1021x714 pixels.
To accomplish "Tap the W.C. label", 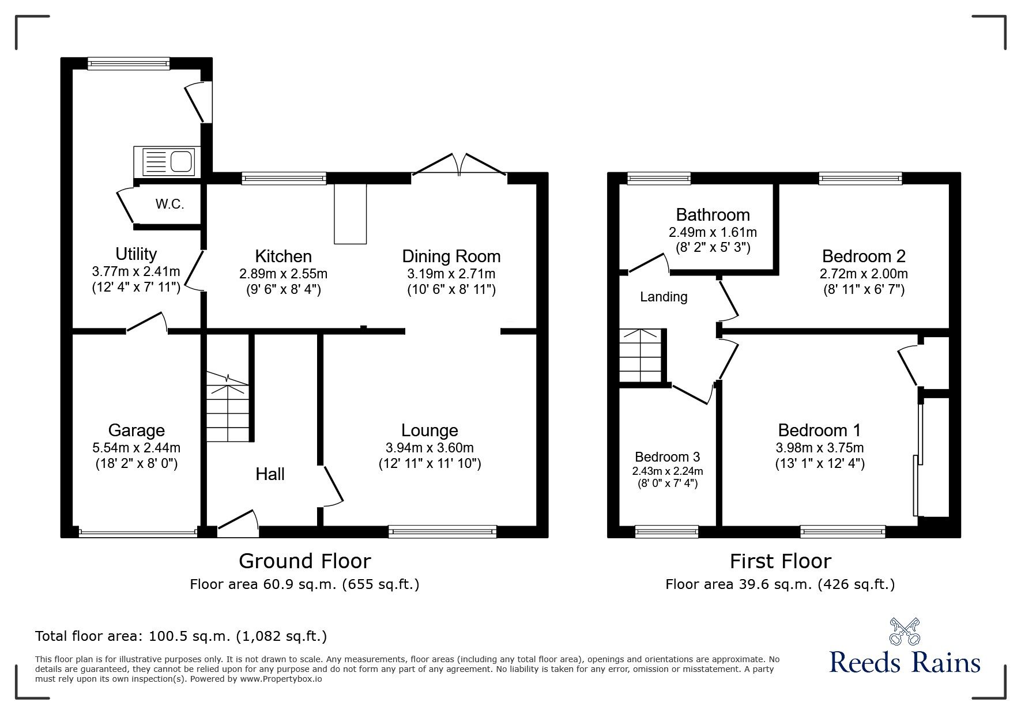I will coord(169,204).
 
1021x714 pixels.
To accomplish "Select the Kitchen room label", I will coord(283,256).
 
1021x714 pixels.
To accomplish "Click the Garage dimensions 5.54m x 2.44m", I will coord(137,448).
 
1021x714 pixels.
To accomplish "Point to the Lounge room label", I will coord(430,430).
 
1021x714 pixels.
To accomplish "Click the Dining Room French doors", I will coord(459,164).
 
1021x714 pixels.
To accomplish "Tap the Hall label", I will coord(270,474).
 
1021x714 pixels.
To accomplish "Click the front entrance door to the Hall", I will coord(238,523).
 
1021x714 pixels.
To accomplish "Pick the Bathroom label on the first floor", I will coord(713,215).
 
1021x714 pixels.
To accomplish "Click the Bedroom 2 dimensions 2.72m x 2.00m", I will coord(864,274).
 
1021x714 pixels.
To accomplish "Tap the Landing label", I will coord(664,297).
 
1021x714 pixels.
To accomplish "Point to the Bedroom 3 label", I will coord(668,457).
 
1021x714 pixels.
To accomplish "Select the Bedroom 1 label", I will coord(819,430).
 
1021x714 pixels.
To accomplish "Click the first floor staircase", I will coord(640,355).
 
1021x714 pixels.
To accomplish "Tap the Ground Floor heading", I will coord(304,561).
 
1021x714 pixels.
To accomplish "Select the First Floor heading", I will coord(780,561).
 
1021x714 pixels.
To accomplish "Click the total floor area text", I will coord(181,636).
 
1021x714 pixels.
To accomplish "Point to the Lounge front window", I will coord(442,531).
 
